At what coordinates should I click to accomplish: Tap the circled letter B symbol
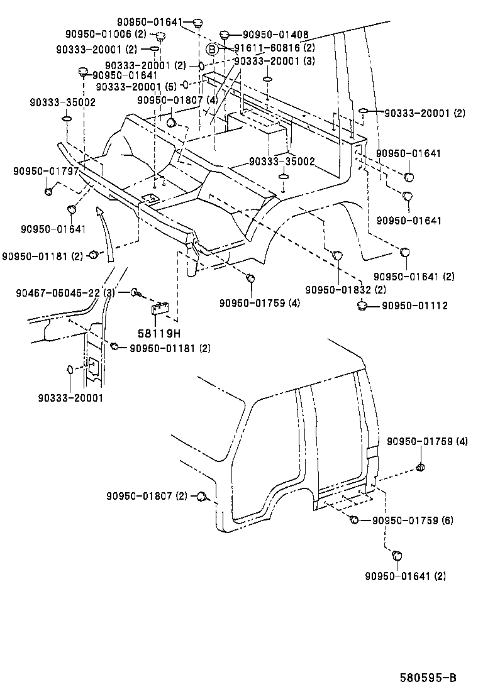pos(213,48)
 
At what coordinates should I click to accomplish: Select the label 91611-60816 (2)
pos(274,48)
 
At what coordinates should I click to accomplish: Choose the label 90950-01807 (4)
pos(177,99)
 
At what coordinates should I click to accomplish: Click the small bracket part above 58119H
pos(160,308)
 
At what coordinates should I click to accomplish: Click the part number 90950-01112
pos(414,306)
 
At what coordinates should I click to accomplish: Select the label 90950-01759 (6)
pos(413,520)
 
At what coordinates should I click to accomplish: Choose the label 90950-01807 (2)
pos(147,497)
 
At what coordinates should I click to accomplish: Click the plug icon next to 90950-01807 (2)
pos(202,497)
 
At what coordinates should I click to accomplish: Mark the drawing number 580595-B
pos(427,678)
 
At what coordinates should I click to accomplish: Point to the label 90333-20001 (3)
pos(274,62)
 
